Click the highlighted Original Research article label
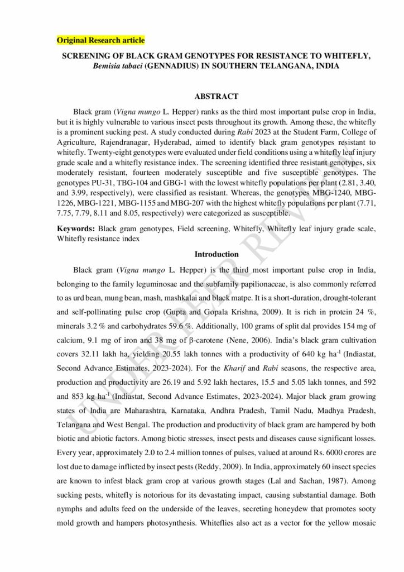(x=101, y=41)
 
